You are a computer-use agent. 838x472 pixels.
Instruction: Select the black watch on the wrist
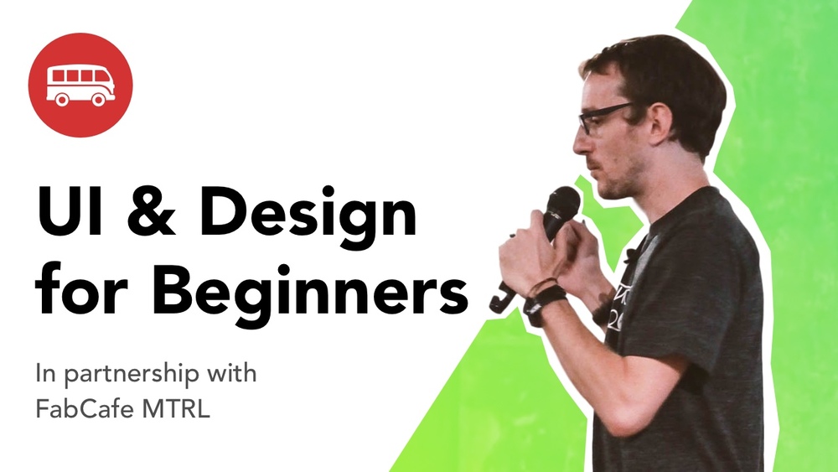(545, 300)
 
